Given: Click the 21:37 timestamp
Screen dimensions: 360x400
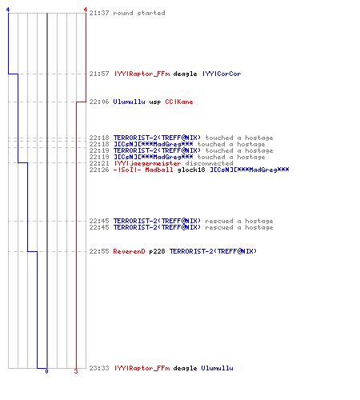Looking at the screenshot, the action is tap(99, 13).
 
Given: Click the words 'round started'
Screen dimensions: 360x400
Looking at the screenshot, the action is tap(139, 13).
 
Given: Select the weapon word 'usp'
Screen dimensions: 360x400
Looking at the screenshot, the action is tap(155, 102).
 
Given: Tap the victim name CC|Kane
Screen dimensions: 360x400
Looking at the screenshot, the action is tap(179, 102).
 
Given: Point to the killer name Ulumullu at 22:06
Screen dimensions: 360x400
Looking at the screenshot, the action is tap(129, 102).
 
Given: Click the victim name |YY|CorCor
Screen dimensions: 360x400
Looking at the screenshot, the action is tap(222, 74).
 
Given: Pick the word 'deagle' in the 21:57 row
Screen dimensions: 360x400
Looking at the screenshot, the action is tap(185, 74).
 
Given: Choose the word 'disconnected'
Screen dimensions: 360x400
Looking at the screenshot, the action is tap(209, 163).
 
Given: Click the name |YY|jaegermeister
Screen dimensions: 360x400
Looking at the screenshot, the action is tap(147, 163).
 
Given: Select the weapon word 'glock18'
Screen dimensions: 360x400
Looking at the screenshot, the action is tap(191, 170).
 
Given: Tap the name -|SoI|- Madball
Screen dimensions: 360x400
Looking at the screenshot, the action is tap(143, 170).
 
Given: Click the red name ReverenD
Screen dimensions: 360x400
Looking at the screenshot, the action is tap(129, 251).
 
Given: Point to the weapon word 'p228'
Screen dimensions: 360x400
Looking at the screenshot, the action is tap(157, 251).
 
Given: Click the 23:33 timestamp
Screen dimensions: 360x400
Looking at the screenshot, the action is tap(99, 368).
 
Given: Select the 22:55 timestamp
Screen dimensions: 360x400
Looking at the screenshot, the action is tap(99, 251).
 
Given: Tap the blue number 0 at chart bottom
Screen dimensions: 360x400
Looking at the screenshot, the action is tap(46, 371).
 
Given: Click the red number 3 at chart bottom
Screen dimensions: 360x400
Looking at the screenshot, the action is tap(76, 371).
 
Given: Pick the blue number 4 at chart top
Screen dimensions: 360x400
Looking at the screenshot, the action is tap(8, 10).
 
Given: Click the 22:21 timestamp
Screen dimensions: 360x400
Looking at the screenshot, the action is tap(99, 163).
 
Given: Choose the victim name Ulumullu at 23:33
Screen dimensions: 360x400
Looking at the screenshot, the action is tap(217, 368).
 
